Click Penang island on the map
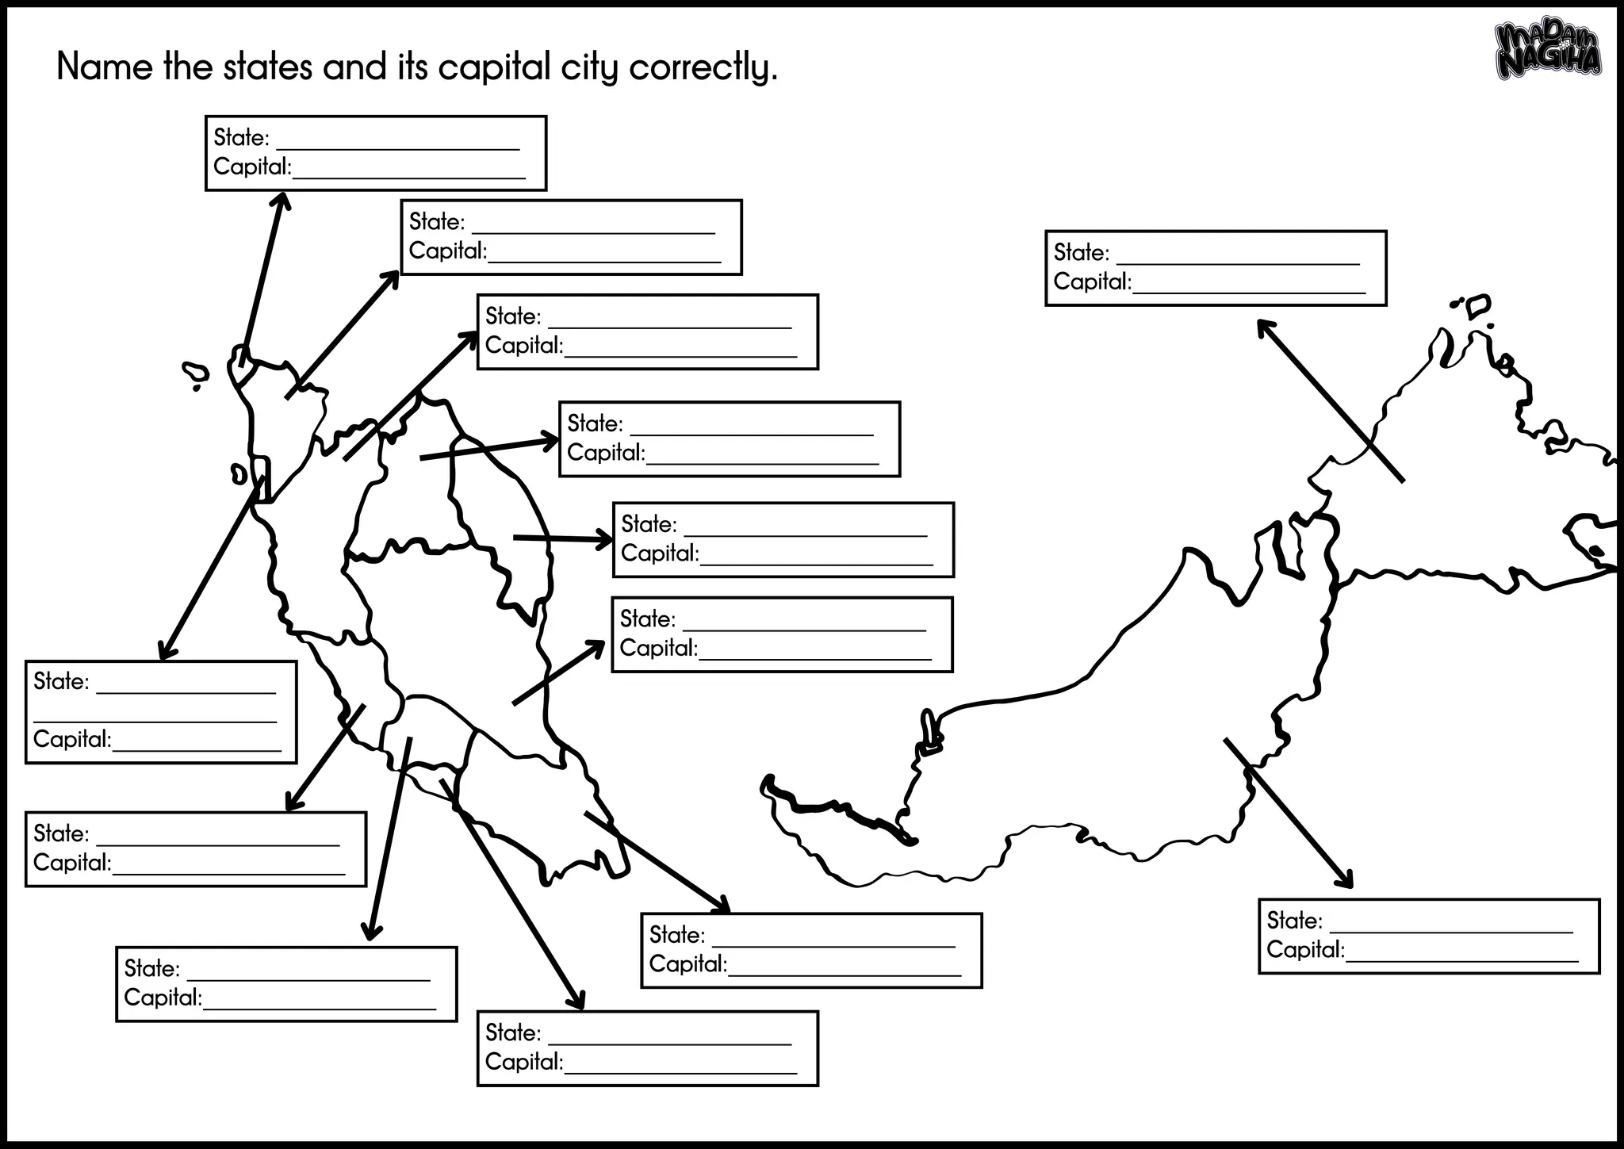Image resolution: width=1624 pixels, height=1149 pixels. pyautogui.click(x=239, y=474)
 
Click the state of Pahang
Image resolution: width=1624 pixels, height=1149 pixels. pyautogui.click(x=460, y=634)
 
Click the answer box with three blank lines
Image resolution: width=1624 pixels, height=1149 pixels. pyautogui.click(x=161, y=711)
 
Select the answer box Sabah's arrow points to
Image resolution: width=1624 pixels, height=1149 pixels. pyautogui.click(x=1216, y=268)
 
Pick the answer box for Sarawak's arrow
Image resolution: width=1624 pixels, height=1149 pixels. pyautogui.click(x=1429, y=936)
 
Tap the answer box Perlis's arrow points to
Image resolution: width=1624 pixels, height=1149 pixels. pyautogui.click(x=375, y=153)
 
